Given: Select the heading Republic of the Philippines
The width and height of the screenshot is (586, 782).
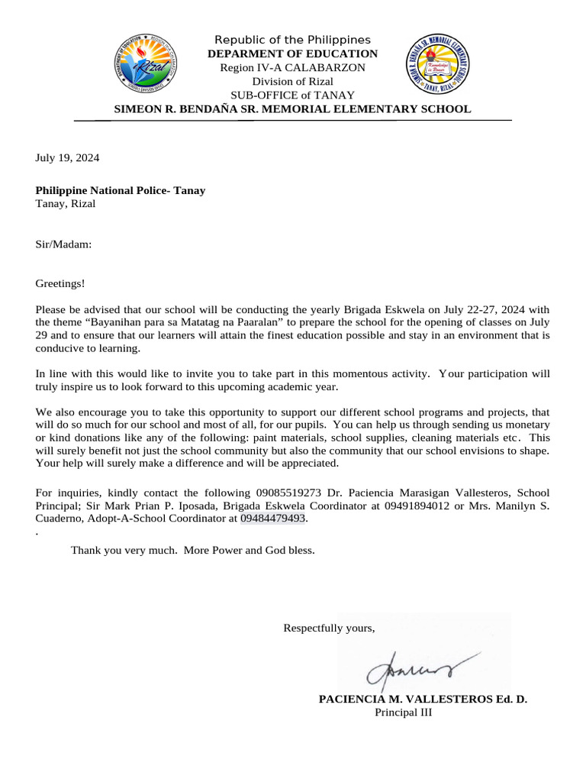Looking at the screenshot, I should point(292,40).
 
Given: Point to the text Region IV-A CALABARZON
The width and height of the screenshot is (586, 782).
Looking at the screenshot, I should point(292,67).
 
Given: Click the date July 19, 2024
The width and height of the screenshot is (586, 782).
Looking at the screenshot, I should point(67,158).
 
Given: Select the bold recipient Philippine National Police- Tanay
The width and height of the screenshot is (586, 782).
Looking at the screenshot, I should point(121,190).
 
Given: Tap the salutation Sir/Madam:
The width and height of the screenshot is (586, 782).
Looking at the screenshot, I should point(64,244).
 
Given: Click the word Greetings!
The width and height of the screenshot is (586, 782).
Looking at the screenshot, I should point(61,283).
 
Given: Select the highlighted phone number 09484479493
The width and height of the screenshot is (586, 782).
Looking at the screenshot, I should point(272,519).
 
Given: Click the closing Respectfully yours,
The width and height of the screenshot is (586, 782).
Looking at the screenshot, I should point(329,628).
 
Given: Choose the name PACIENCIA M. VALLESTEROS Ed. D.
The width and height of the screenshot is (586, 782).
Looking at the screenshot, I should point(422,699).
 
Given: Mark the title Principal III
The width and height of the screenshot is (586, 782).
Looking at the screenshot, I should point(403,713).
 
